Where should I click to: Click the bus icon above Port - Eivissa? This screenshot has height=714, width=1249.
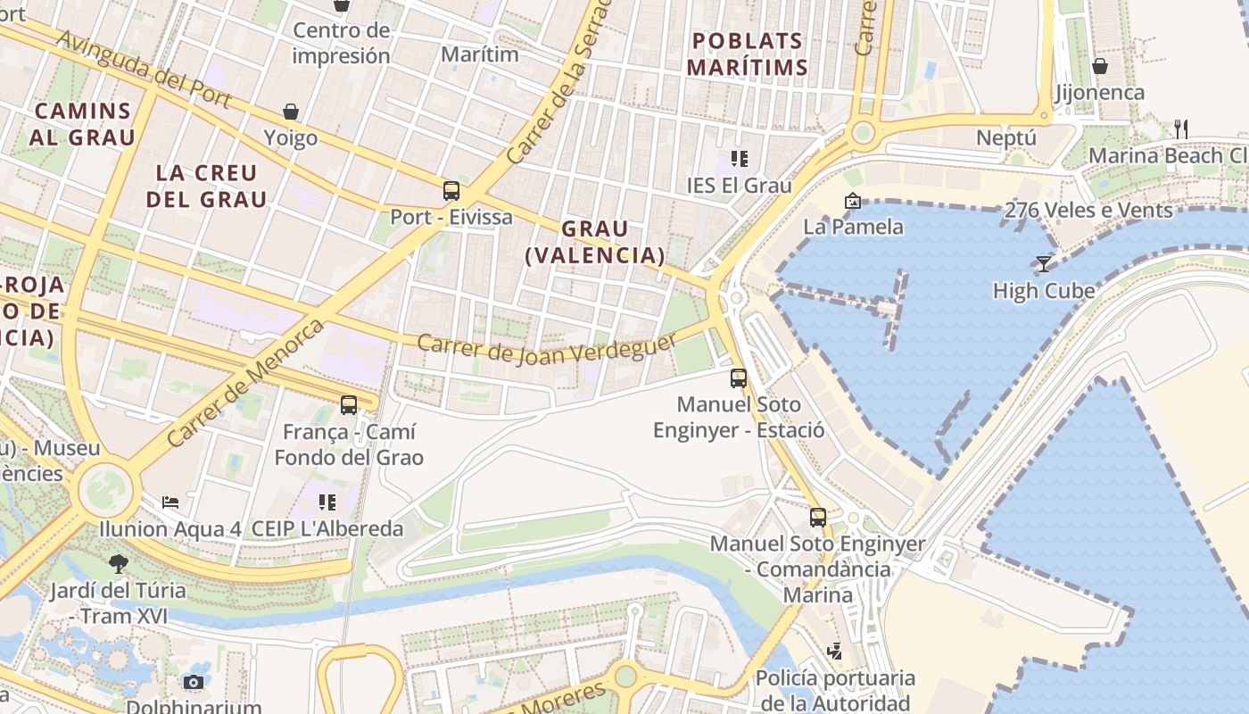pos(451,190)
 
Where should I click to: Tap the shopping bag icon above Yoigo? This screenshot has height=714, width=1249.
pos(291,112)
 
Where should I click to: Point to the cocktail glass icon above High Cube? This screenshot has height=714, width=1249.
pos(1043,263)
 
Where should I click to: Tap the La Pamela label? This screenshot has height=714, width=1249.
pos(853,227)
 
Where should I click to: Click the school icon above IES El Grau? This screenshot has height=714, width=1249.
pos(739,159)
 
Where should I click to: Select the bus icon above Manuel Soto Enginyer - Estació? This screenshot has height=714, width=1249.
pos(738,378)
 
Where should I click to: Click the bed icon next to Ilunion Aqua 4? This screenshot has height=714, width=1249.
pos(170,502)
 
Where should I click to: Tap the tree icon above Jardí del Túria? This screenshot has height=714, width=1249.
pos(118,563)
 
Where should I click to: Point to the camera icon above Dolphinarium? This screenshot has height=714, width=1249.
pos(193,683)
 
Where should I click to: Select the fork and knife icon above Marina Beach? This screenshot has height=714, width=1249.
pos(1181,129)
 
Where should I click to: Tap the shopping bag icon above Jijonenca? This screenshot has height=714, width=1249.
pos(1100,66)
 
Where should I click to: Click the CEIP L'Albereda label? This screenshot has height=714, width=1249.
pos(327,528)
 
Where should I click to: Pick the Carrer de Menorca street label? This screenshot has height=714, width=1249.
pos(245,384)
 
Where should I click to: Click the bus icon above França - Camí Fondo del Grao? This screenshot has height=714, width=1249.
pos(349,405)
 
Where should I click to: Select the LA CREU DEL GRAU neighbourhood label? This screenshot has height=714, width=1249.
pos(206,186)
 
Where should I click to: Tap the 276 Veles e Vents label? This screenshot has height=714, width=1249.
pos(1088,211)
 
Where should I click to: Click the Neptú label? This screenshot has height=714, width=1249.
pos(1006,138)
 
